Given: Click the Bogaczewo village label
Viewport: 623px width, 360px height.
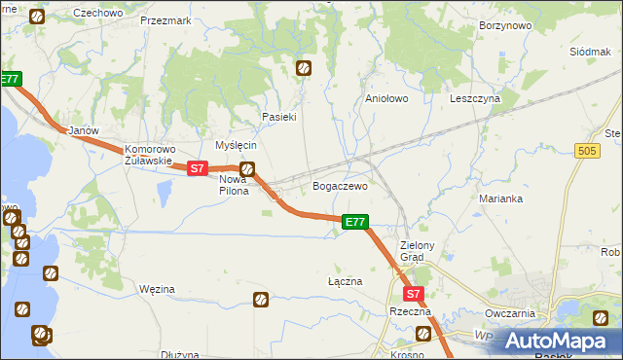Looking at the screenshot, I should (x=340, y=185).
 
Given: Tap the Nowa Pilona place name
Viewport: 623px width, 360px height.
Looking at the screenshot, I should (x=233, y=185).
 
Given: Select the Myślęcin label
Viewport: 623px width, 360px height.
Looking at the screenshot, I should (x=235, y=145).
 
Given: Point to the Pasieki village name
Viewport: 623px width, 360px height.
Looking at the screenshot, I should (x=278, y=117).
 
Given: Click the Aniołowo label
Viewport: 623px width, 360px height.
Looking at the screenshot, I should (x=385, y=98).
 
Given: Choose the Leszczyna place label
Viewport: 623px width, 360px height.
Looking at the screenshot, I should (x=474, y=98).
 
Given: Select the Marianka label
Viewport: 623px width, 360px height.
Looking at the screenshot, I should (x=501, y=198).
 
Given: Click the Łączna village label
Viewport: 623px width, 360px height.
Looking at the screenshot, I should (x=345, y=281).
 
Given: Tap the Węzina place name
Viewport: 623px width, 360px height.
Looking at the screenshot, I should (x=157, y=289).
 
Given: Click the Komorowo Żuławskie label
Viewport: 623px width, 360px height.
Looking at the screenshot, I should (x=149, y=156).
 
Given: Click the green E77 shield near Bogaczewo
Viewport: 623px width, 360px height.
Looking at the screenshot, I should (x=355, y=223).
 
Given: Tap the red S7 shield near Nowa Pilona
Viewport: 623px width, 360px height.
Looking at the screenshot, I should (x=198, y=168).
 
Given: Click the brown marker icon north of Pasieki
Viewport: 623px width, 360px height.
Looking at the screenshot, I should (x=304, y=68).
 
